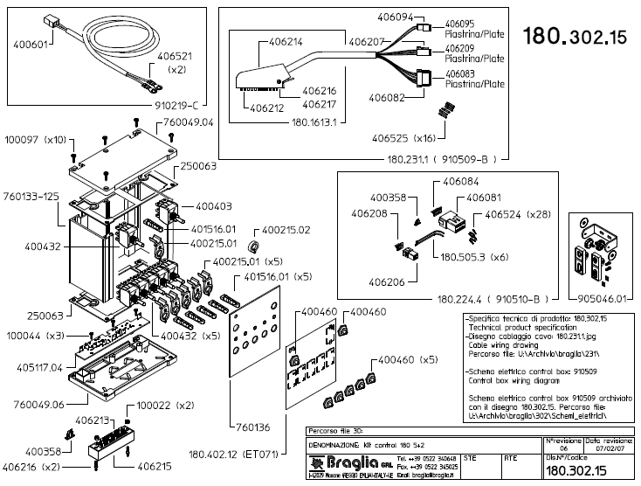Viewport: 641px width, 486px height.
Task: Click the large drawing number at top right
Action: pyautogui.click(x=575, y=37)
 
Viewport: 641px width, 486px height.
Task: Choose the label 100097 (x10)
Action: pyautogui.click(x=37, y=140)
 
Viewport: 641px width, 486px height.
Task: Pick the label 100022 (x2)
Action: pyautogui.click(x=165, y=406)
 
